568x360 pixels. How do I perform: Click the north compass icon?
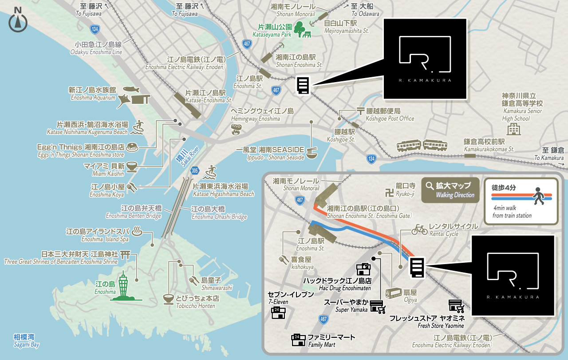tap(18, 20)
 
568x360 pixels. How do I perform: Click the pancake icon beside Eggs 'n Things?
tap(132, 146)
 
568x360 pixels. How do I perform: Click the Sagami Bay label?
tap(26, 340)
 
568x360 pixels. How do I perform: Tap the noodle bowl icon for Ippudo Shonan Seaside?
tap(312, 152)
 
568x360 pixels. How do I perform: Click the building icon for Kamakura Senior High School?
tap(514, 130)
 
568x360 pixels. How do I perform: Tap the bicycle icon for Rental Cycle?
tap(419, 229)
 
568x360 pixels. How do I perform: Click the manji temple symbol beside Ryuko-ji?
tap(389, 193)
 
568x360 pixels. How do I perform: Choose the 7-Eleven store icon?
tap(278, 313)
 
